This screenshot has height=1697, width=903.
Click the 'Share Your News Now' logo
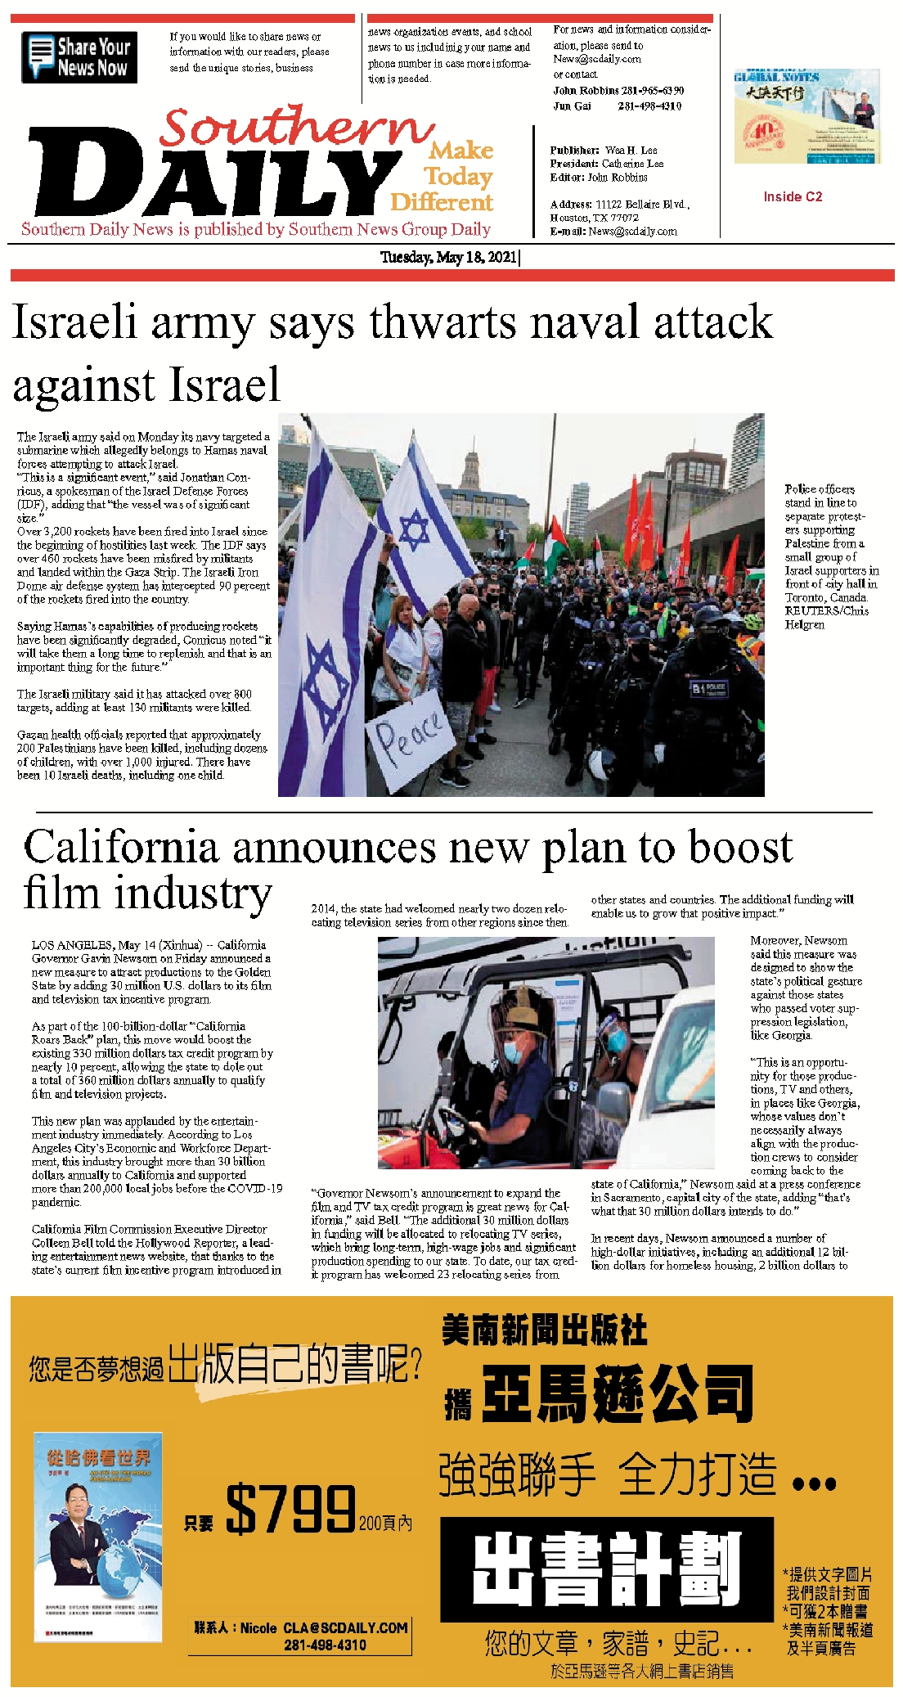point(79,57)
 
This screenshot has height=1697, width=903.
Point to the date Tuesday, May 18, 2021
point(449,258)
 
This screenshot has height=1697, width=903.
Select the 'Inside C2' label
point(793,196)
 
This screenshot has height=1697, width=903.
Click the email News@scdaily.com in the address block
point(632,232)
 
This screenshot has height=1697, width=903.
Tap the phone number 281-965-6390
point(651,91)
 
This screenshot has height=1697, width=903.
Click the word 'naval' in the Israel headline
point(584,322)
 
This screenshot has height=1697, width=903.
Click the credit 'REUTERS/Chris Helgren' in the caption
point(826,618)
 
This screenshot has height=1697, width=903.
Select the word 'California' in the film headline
point(121,847)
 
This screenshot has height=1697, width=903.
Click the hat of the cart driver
point(523,1018)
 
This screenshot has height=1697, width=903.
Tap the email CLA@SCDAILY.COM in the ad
point(345,1628)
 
